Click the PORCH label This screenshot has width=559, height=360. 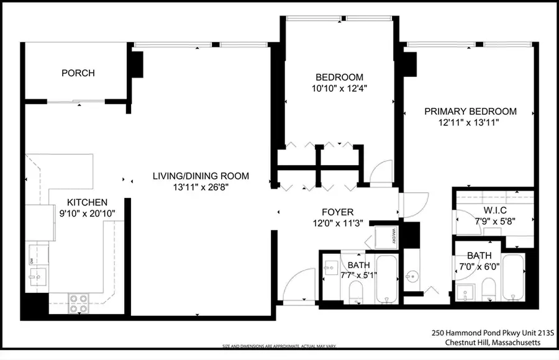pos(78,73)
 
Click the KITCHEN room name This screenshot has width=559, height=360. pos(88,202)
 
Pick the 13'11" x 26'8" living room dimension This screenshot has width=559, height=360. pos(201,187)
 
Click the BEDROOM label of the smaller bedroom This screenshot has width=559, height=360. pos(339,76)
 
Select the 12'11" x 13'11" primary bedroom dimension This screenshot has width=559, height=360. pos(470,122)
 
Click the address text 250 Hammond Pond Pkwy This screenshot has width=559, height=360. pos(484,333)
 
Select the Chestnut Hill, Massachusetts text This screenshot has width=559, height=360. pos(491,343)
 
